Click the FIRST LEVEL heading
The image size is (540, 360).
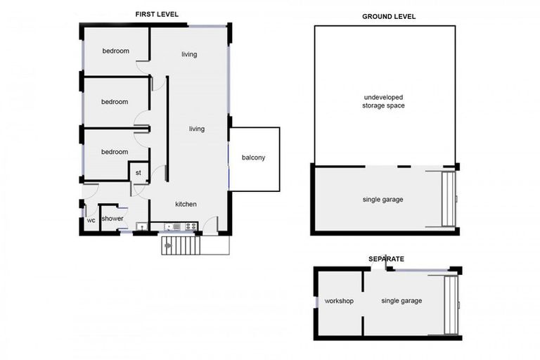(x=156, y=13)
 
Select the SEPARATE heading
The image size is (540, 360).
(x=386, y=259)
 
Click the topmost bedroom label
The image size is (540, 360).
(x=116, y=51)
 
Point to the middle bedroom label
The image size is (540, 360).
(x=115, y=102)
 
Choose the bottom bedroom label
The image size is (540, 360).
(x=115, y=152)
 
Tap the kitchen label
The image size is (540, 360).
(x=186, y=204)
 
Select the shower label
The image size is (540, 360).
(x=112, y=219)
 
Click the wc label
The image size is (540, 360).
(x=91, y=220)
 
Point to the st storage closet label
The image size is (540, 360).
(x=139, y=172)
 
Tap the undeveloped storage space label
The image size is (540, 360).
(x=384, y=101)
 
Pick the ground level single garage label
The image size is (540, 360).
(x=382, y=200)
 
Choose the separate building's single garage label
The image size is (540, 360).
(x=401, y=301)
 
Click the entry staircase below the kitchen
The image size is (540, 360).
(x=181, y=245)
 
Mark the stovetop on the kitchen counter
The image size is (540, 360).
(x=176, y=226)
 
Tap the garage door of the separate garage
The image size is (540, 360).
(x=452, y=304)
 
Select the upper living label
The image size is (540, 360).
(x=188, y=54)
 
